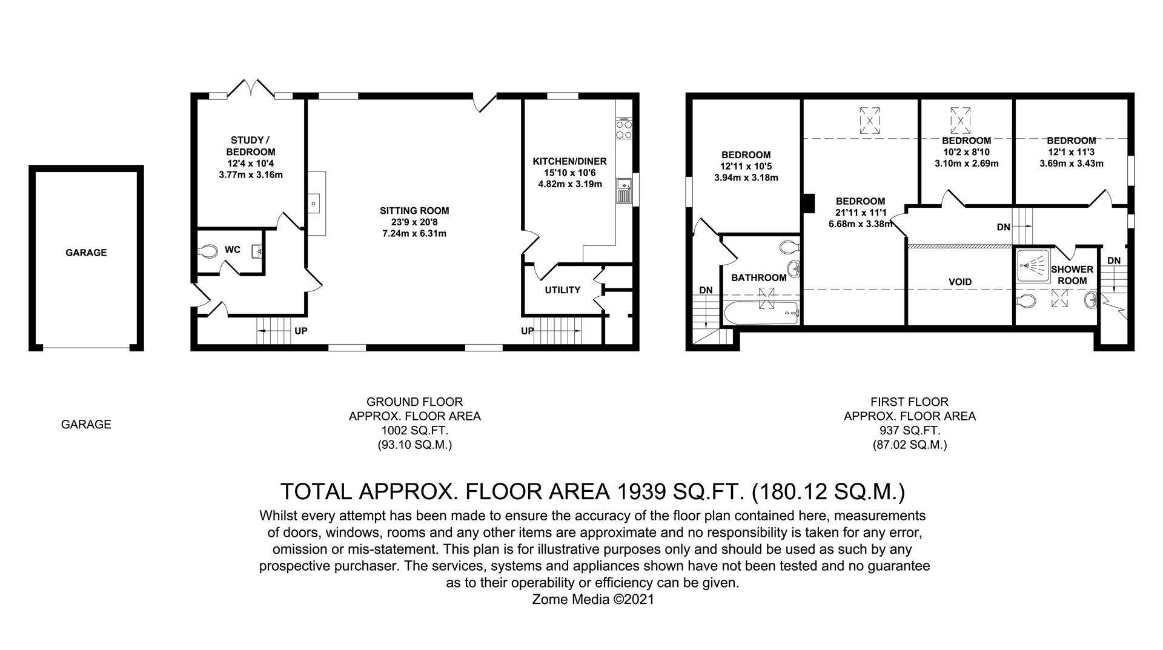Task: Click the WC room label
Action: [x=233, y=250]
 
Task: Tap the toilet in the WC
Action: [x=208, y=251]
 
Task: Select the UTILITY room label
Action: [x=562, y=290]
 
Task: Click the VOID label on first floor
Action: [x=959, y=282]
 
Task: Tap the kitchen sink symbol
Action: [x=623, y=191]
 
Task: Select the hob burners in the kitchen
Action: [x=623, y=130]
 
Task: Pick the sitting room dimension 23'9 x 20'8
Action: [x=414, y=222]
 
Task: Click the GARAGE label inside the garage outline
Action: [x=86, y=253]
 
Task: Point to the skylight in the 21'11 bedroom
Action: [x=870, y=121]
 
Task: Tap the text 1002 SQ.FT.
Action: [x=414, y=431]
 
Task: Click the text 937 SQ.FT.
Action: [x=909, y=431]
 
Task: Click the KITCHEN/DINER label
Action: [x=569, y=161]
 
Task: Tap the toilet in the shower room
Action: [x=1026, y=300]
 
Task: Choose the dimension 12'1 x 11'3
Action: [x=1071, y=152]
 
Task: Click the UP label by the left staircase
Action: [x=300, y=331]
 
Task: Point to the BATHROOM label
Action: [x=758, y=277]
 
